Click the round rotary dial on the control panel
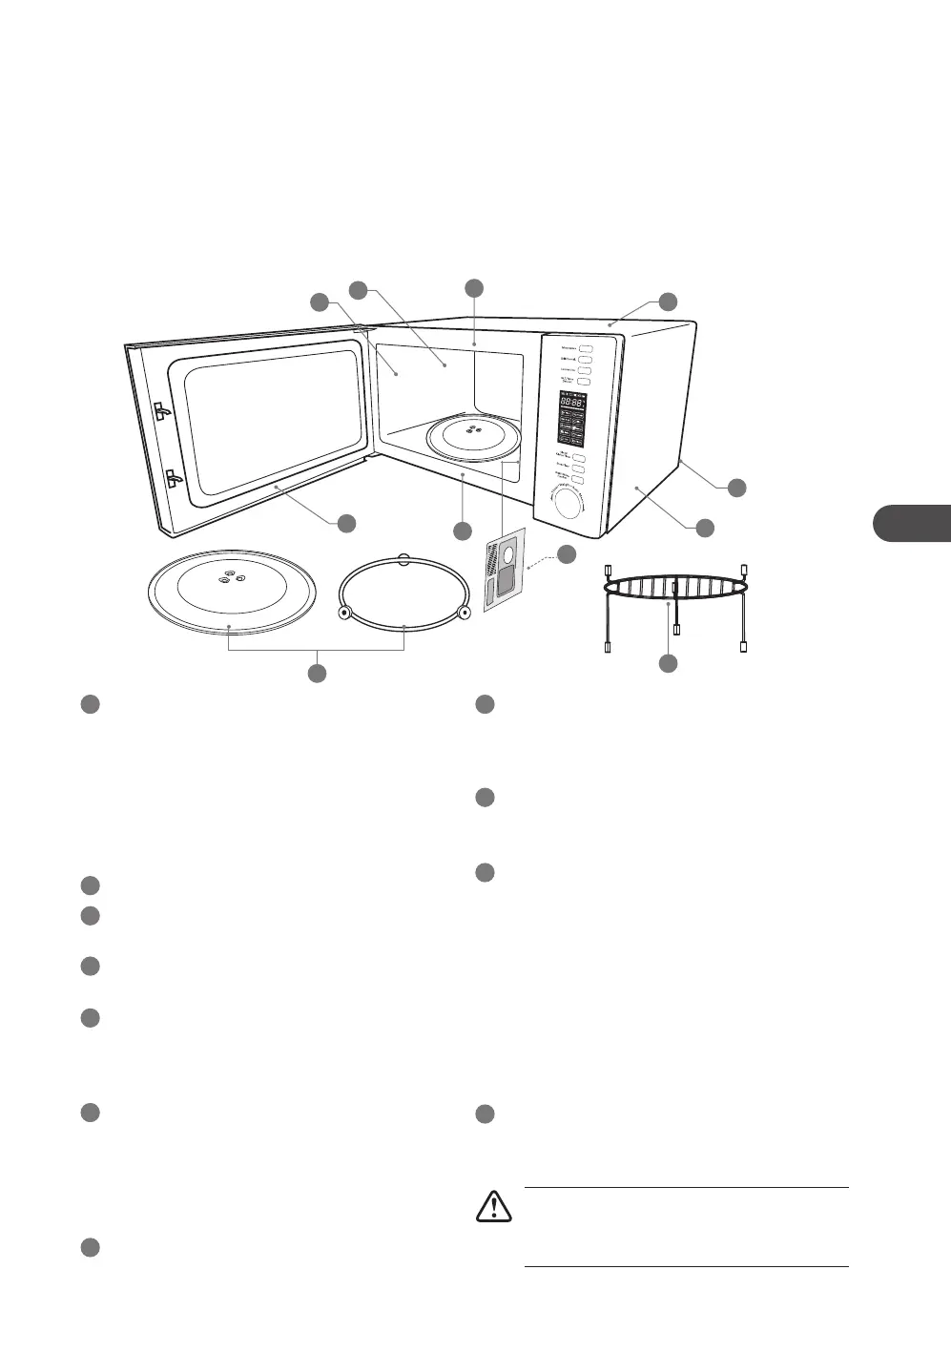(569, 503)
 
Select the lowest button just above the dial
(577, 480)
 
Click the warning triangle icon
(494, 1207)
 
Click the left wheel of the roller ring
(345, 612)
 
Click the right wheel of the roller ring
(464, 612)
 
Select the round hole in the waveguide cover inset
(507, 556)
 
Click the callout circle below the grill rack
(668, 662)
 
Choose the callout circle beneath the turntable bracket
(317, 674)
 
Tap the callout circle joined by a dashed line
(567, 553)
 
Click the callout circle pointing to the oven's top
(668, 302)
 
